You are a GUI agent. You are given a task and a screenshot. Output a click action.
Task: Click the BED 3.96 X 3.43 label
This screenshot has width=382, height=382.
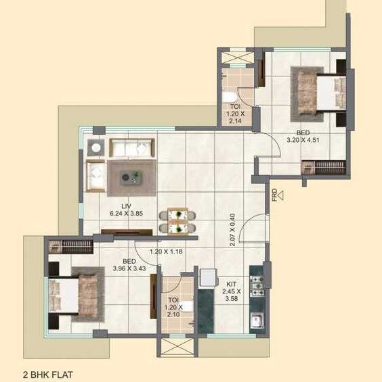pyautogui.click(x=129, y=264)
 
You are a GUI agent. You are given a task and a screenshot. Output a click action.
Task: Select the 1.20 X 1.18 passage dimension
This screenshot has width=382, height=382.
pyautogui.click(x=167, y=252)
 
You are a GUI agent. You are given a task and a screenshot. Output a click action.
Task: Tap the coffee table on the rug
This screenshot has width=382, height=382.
pyautogui.click(x=129, y=178)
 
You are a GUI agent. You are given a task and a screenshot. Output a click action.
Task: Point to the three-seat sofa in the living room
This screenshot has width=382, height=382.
pyautogui.click(x=132, y=147)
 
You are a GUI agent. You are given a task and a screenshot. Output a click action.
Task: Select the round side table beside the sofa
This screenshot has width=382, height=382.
pyautogui.click(x=95, y=147)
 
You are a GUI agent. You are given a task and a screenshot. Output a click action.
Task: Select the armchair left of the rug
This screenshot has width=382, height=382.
pyautogui.click(x=94, y=177)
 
